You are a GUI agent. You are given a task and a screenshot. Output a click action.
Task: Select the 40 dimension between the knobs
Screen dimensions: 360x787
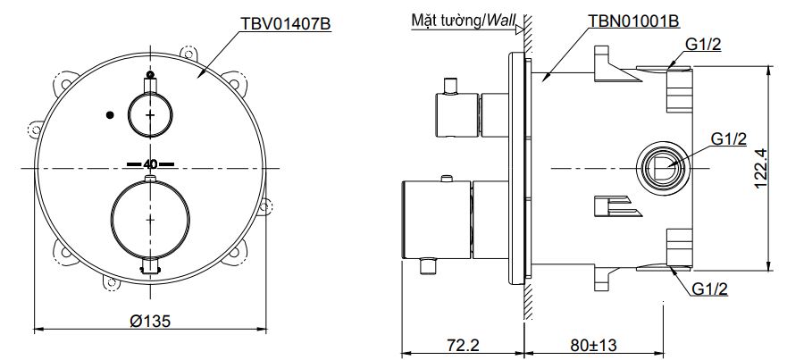click(149, 164)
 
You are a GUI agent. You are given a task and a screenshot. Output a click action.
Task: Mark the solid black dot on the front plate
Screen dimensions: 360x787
click(109, 114)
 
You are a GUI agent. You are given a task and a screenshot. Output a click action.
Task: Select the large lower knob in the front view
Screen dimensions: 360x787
click(149, 217)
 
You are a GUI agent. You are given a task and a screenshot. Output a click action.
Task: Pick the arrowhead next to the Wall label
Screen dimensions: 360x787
click(521, 27)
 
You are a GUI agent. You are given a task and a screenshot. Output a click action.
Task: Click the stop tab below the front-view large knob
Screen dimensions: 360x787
click(149, 264)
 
